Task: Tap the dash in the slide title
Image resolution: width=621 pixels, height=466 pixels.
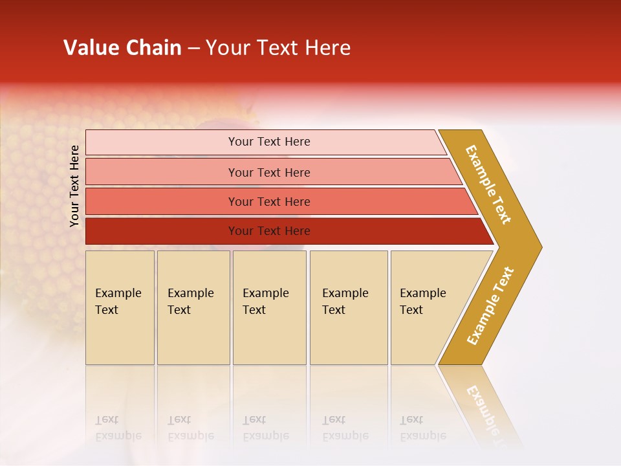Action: [193, 49]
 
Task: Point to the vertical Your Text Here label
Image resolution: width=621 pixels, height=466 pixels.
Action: [74, 186]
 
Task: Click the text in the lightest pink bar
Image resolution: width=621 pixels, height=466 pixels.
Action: [269, 142]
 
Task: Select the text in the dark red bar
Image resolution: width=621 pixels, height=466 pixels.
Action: [269, 231]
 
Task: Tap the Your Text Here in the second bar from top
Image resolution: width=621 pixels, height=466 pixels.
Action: [269, 173]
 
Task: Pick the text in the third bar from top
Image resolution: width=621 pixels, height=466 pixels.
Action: [269, 202]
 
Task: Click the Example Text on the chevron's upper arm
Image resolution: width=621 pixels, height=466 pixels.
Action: [488, 184]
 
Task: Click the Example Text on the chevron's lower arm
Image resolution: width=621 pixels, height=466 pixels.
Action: [490, 306]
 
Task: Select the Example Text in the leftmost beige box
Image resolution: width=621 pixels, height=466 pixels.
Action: [118, 302]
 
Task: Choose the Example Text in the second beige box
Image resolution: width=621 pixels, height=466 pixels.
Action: [190, 302]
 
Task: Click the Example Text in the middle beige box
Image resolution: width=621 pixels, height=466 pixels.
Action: [265, 302]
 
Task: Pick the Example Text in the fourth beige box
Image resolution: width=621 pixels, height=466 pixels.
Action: [345, 302]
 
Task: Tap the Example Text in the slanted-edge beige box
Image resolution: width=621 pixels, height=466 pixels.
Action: [422, 302]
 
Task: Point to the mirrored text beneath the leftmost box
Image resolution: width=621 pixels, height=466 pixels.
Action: [118, 428]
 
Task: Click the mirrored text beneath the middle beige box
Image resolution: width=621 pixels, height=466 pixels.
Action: [265, 428]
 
